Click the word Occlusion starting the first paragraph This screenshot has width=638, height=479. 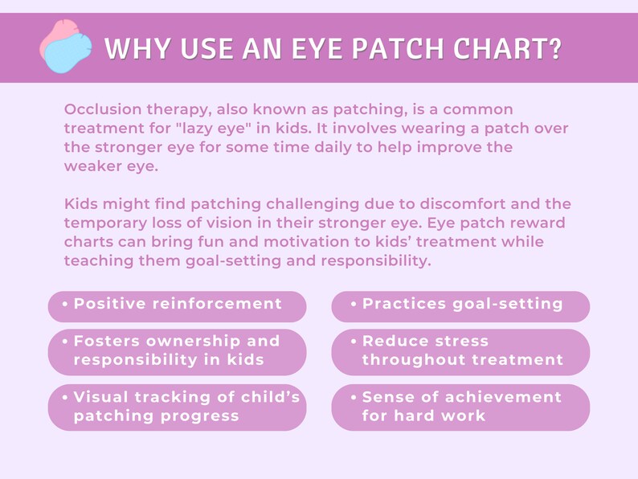[103, 109]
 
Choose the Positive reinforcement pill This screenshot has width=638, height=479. [177, 305]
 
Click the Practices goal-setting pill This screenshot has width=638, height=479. [460, 305]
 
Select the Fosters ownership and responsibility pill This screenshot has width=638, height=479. [177, 350]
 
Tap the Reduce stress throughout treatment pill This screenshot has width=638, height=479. [460, 350]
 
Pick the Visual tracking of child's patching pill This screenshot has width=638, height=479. [177, 407]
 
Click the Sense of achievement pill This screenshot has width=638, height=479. [460, 407]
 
